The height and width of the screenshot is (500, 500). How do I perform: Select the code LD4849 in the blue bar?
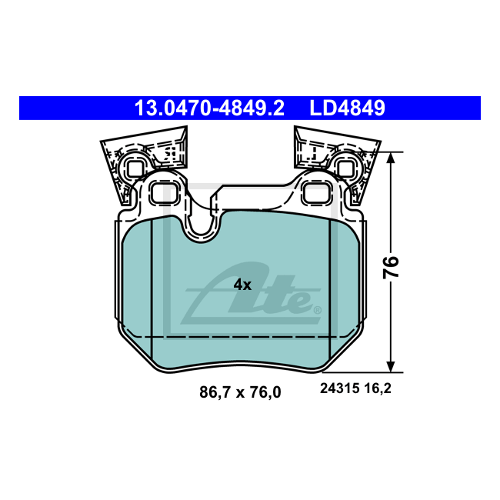pos(347,108)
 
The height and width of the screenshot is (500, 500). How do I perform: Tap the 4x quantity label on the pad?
pos(242,285)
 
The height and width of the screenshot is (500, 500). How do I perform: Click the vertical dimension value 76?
pos(392,267)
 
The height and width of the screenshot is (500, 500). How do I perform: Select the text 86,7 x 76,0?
pos(240,392)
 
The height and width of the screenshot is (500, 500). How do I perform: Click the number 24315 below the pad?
pos(338,389)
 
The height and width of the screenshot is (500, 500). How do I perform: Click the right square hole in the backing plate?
pos(315,194)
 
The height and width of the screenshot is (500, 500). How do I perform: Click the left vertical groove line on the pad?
pos(152,292)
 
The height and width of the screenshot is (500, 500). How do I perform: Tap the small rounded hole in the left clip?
pos(135,168)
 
